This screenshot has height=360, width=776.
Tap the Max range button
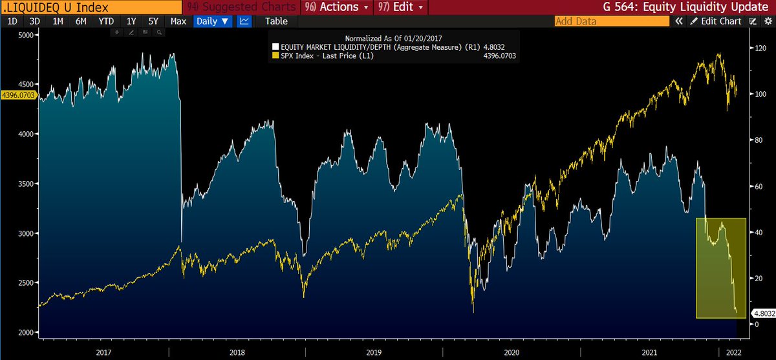[x=178, y=21]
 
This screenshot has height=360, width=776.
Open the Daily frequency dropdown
[x=213, y=21]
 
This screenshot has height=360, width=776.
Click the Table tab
[x=276, y=21]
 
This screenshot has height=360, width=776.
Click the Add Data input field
[x=612, y=21]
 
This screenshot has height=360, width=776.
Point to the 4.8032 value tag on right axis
[x=762, y=313]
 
